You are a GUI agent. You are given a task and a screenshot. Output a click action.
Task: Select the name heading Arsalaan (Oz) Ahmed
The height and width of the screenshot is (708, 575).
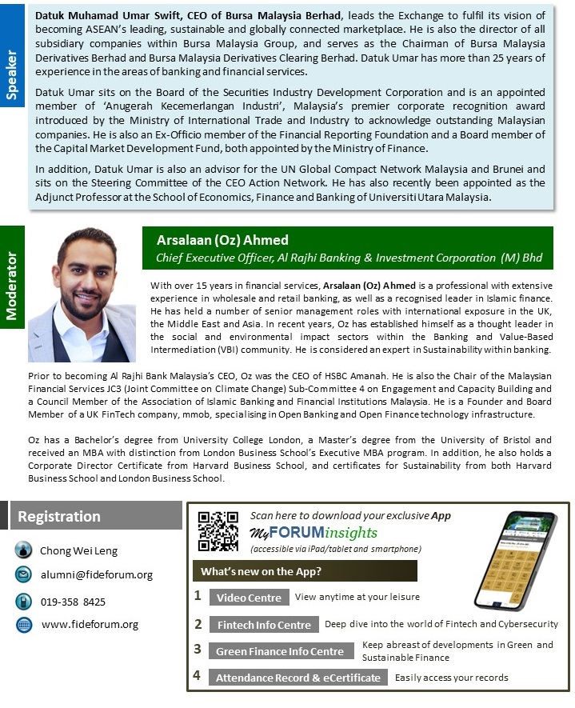(x=222, y=240)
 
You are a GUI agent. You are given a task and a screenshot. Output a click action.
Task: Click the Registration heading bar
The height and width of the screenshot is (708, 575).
(x=96, y=516)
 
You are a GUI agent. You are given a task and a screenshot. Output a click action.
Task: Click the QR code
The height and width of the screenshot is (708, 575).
(x=218, y=531)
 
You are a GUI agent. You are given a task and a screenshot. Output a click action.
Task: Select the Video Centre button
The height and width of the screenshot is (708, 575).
(x=249, y=598)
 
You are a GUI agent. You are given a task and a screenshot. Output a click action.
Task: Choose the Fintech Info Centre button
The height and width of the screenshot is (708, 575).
(x=264, y=625)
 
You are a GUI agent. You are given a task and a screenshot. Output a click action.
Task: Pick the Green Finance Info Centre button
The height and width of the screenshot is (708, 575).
(x=280, y=651)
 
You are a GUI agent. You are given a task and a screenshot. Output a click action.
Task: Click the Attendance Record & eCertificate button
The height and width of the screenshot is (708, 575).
(x=298, y=678)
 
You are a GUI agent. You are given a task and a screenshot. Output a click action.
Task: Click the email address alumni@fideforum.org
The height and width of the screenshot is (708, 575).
(x=97, y=574)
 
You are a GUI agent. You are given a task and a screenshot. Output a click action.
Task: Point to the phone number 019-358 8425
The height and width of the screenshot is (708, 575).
(x=73, y=602)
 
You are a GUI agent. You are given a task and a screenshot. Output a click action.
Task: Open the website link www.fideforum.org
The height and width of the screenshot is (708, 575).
(x=90, y=625)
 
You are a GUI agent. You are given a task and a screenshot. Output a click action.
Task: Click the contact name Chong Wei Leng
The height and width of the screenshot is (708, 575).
(x=78, y=550)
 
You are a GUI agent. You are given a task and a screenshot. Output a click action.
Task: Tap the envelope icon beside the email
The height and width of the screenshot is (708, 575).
(x=24, y=574)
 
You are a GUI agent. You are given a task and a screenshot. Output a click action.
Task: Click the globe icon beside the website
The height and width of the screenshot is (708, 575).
(x=24, y=625)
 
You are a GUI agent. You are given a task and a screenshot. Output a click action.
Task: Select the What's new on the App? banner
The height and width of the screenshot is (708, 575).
(x=304, y=571)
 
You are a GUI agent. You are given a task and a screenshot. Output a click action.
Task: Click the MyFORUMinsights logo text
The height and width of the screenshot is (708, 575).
(x=313, y=533)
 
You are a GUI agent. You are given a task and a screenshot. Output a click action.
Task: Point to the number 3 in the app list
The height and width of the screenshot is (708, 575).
(x=198, y=650)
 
